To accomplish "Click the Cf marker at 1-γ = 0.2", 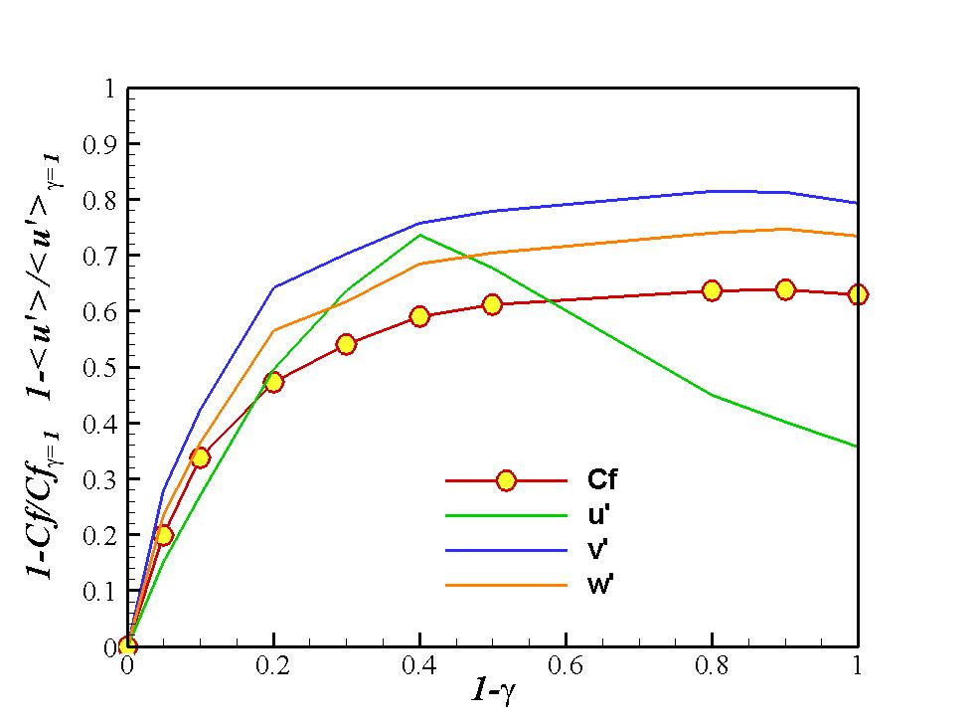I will (x=273, y=381).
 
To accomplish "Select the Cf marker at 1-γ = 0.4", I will (x=419, y=316).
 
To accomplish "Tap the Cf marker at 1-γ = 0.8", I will (x=712, y=290).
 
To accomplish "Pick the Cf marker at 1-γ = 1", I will (x=857, y=294).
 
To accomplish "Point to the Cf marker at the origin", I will (x=127, y=646).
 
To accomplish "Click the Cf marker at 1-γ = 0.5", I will (x=492, y=304).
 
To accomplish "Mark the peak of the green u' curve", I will (x=419, y=235).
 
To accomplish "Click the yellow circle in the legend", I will (x=506, y=480).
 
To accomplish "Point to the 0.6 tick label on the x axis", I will (x=566, y=665).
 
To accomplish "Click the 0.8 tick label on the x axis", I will (x=712, y=665).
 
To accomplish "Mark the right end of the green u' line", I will (x=857, y=447).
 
